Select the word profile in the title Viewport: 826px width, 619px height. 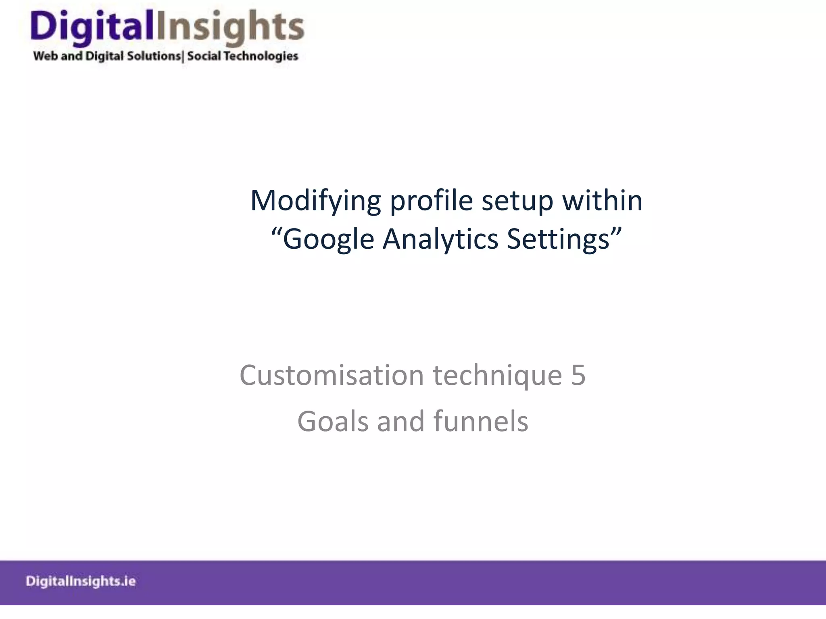tap(431, 201)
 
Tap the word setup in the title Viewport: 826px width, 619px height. tap(517, 201)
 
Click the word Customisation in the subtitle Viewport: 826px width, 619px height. tap(332, 375)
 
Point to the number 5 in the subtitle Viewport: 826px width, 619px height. tap(578, 375)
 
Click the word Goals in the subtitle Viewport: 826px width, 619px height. tap(333, 422)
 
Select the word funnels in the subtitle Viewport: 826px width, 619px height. tap(481, 422)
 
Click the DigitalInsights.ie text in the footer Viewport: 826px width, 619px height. tap(81, 581)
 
